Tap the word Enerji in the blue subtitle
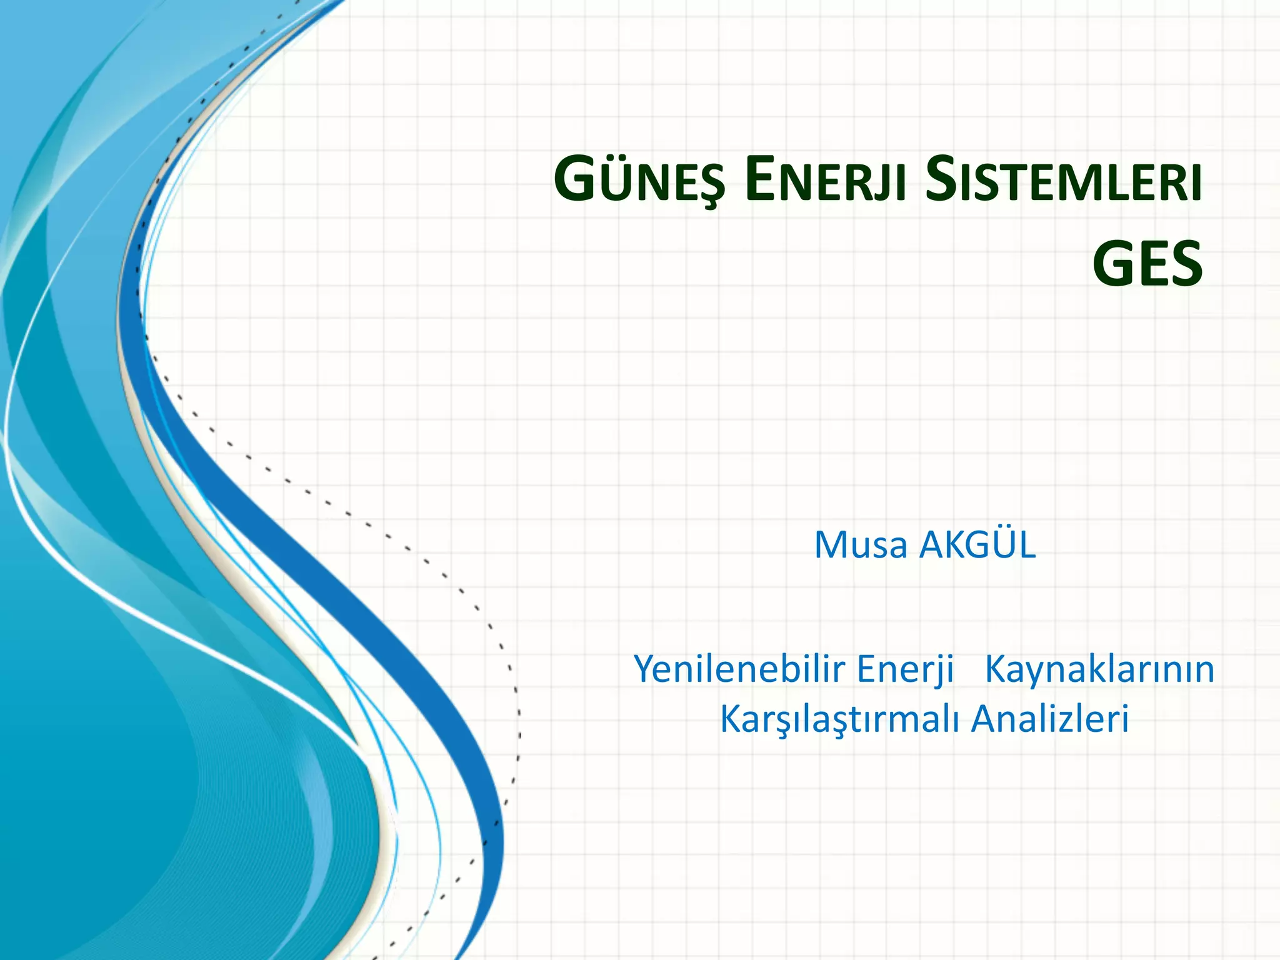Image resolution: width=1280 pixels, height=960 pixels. click(x=905, y=669)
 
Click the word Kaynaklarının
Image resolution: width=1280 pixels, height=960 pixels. click(x=1099, y=669)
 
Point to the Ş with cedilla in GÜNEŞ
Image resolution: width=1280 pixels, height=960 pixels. click(x=709, y=185)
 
